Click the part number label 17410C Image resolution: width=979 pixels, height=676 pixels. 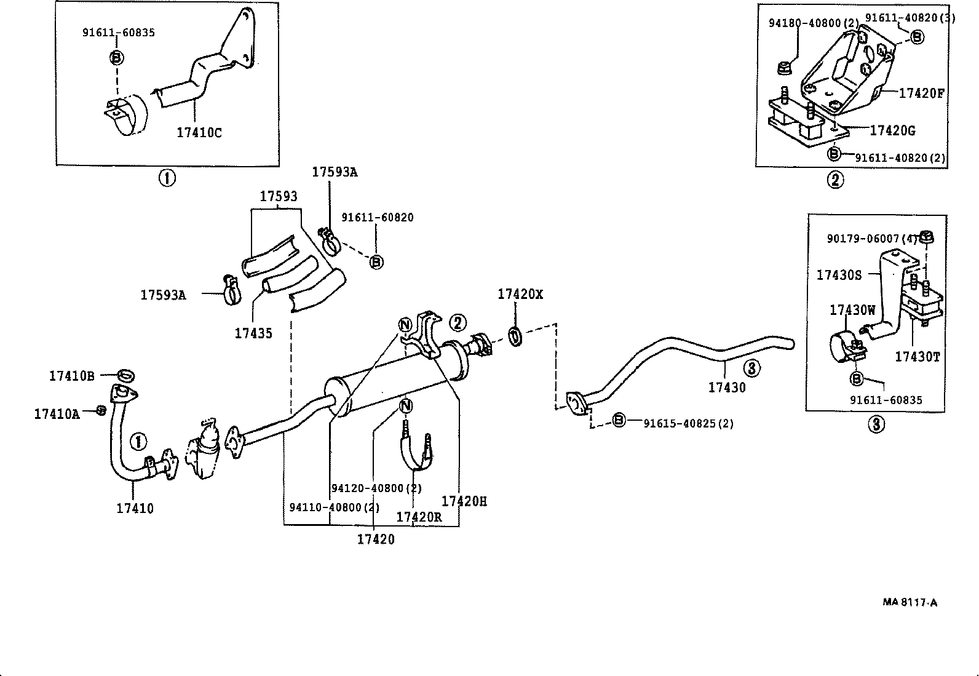(199, 132)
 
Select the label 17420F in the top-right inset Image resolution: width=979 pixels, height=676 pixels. (921, 93)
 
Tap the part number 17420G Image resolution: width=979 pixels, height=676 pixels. (892, 130)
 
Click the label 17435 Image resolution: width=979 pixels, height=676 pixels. (253, 333)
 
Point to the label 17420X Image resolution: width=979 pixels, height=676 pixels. (520, 295)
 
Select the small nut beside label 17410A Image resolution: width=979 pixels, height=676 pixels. (102, 410)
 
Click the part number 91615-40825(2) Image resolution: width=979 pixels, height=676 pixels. (688, 423)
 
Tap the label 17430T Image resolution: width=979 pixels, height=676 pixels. (917, 357)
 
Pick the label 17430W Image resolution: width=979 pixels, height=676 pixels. (852, 310)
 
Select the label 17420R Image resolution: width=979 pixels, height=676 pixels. (418, 517)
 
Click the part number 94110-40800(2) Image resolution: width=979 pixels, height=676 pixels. (334, 507)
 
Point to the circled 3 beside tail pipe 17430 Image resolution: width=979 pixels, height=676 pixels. (751, 368)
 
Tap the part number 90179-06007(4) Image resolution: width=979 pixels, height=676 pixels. (871, 238)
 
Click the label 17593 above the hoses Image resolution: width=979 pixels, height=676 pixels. (278, 196)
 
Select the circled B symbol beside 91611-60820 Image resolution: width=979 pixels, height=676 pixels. (376, 262)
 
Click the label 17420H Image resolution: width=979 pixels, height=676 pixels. (464, 501)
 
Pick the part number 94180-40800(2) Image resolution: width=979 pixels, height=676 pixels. (813, 23)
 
